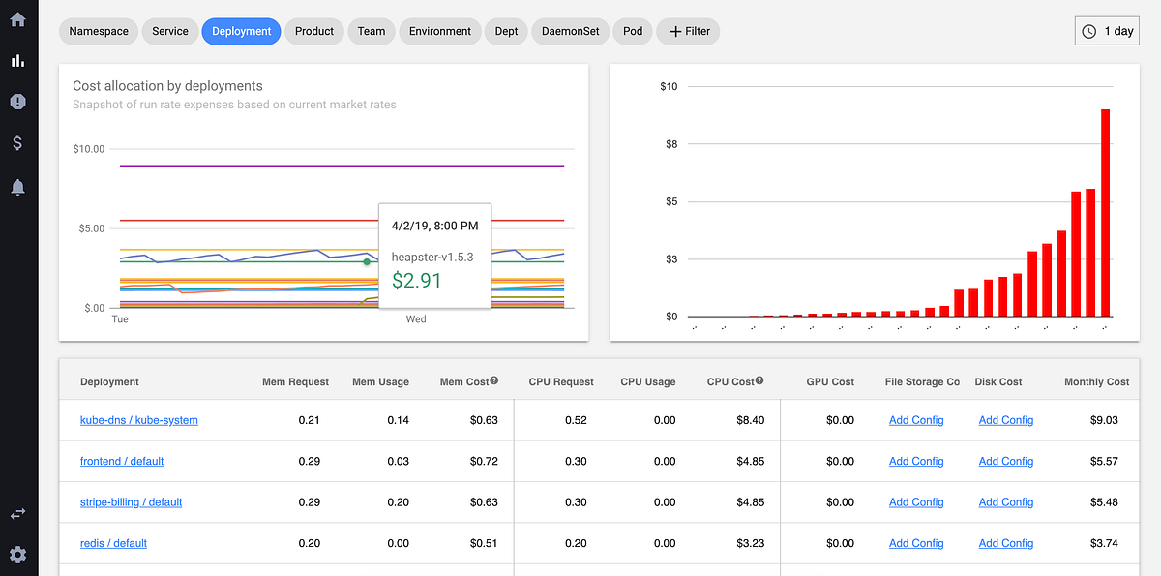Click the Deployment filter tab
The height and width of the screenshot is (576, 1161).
coord(241,31)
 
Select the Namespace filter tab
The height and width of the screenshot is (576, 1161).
coord(99,31)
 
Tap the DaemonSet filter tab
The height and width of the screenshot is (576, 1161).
coord(570,31)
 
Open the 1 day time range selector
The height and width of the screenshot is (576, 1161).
coord(1108,31)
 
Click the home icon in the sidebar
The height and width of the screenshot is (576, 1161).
coord(17,19)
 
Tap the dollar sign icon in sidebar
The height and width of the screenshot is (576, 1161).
coord(17,143)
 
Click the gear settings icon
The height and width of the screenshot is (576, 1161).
coord(17,555)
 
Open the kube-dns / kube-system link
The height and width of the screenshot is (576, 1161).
coord(138,420)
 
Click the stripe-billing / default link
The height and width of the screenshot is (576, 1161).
coord(131,502)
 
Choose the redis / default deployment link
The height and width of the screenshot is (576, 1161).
coord(113,543)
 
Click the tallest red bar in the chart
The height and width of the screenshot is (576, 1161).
coord(1105,213)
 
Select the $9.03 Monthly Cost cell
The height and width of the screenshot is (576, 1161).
coord(1104,420)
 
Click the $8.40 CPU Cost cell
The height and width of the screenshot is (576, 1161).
coord(750,420)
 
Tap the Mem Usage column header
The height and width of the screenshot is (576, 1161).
coord(380,381)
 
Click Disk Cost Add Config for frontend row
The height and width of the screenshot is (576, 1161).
coord(1005,462)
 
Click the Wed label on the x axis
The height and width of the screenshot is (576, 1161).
coord(416,319)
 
